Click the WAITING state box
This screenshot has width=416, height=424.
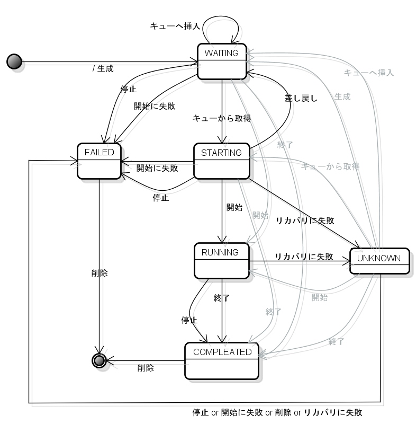pyautogui.click(x=221, y=61)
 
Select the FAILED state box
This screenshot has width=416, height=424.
pyautogui.click(x=99, y=160)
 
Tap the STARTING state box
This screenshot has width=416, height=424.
pyautogui.click(x=221, y=161)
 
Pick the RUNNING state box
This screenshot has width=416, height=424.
pyautogui.click(x=221, y=260)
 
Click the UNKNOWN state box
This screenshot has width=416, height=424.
pyautogui.click(x=379, y=260)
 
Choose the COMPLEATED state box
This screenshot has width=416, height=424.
pyautogui.click(x=222, y=360)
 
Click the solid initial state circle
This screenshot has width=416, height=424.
pyautogui.click(x=14, y=61)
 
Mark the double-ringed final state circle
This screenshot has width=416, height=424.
pyautogui.click(x=98, y=360)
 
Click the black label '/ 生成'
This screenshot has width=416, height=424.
pyautogui.click(x=103, y=68)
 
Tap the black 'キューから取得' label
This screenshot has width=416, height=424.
pyautogui.click(x=221, y=118)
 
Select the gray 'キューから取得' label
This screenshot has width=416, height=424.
pyautogui.click(x=330, y=166)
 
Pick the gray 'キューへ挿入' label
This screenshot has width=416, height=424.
pyautogui.click(x=368, y=73)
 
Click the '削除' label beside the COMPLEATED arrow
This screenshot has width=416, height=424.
pyautogui.click(x=146, y=368)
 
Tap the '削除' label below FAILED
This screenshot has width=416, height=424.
pyautogui.click(x=100, y=273)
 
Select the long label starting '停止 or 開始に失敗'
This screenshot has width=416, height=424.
pyautogui.click(x=277, y=412)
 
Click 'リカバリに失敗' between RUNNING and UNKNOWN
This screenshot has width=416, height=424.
pyautogui.click(x=304, y=257)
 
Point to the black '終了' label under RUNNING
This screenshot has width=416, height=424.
pyautogui.click(x=221, y=298)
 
